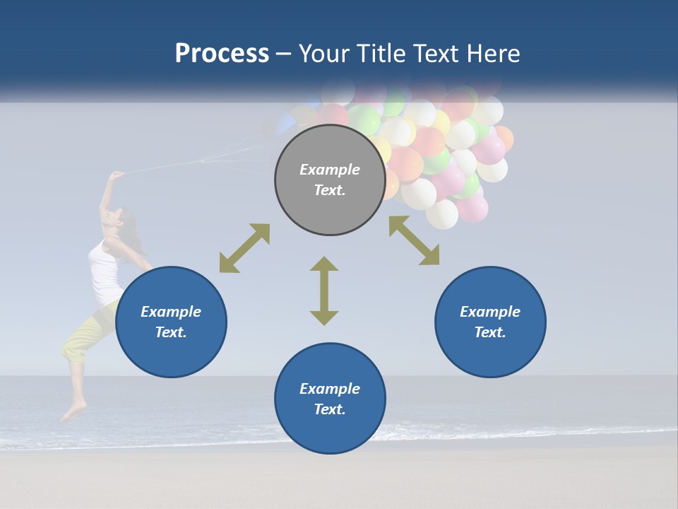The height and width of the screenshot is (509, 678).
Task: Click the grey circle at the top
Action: (330, 180)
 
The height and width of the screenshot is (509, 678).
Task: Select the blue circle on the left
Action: (171, 322)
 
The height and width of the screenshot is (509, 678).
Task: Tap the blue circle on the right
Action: (490, 322)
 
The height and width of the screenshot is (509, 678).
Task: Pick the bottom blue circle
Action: (330, 399)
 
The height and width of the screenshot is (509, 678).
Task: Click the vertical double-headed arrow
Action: (324, 291)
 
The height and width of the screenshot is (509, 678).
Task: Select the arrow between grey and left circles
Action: (244, 248)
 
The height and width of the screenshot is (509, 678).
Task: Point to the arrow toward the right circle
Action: (414, 240)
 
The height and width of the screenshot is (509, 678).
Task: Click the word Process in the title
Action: (222, 53)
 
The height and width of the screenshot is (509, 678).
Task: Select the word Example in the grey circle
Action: (330, 170)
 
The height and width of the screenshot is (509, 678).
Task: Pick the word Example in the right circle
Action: (490, 312)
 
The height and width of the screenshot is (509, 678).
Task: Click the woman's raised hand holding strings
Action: (116, 174)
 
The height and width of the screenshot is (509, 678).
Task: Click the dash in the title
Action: (284, 54)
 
